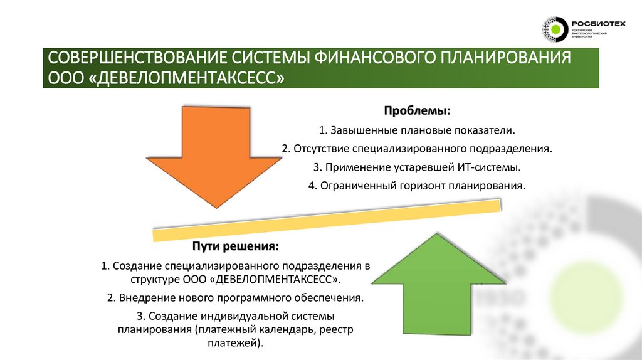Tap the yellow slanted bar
326,220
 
